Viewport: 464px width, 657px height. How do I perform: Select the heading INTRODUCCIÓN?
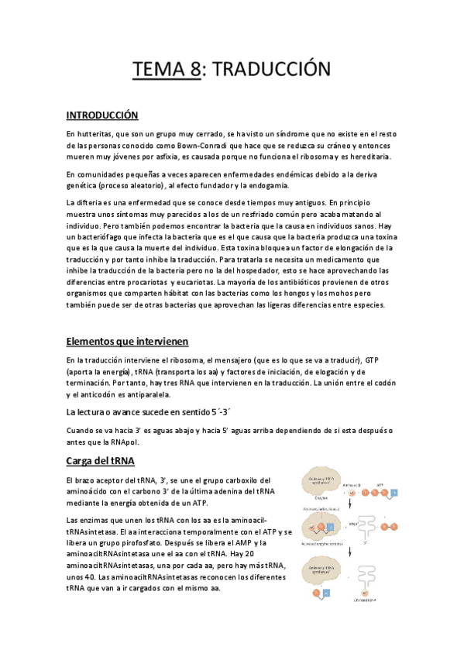point(101,115)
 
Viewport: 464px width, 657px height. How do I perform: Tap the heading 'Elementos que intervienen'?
point(127,342)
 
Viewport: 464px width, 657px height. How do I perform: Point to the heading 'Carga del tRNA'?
point(101,462)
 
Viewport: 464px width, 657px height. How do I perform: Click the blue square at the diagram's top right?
point(394,492)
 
